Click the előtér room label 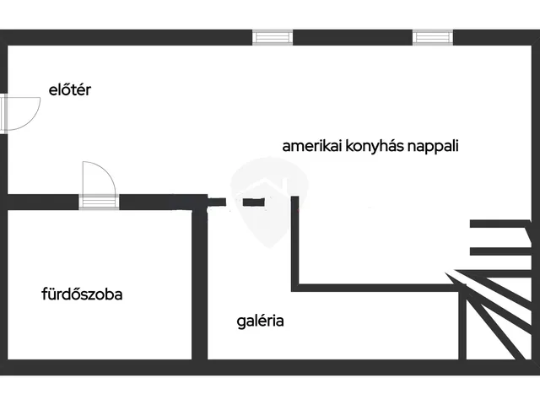69,89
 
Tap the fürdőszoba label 82,294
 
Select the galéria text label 260,321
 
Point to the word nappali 431,145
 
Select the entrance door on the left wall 19,112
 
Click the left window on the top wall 273,36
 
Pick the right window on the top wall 433,36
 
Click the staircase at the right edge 498,304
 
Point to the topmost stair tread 498,224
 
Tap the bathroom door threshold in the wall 99,201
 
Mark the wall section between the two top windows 354,36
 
